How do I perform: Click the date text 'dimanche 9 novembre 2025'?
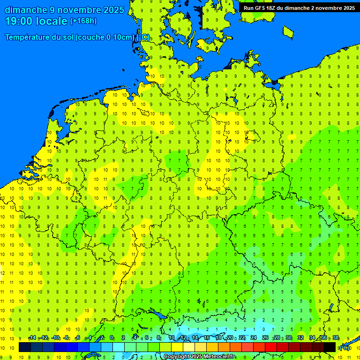click(64, 10)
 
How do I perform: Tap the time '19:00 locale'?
click(37, 21)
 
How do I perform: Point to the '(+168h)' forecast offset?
click(83, 21)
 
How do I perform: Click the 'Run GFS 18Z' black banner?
click(299, 7)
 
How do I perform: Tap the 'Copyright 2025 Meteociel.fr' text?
click(199, 357)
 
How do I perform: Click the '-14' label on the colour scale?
click(32, 338)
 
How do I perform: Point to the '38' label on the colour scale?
click(336, 338)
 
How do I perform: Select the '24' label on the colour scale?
click(254, 338)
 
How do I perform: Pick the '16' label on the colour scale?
click(207, 338)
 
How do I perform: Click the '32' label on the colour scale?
click(300, 338)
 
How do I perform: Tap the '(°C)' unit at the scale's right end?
click(345, 347)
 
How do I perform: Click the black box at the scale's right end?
click(330, 347)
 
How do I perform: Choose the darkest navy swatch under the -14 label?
click(25, 347)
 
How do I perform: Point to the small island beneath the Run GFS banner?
click(288, 31)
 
